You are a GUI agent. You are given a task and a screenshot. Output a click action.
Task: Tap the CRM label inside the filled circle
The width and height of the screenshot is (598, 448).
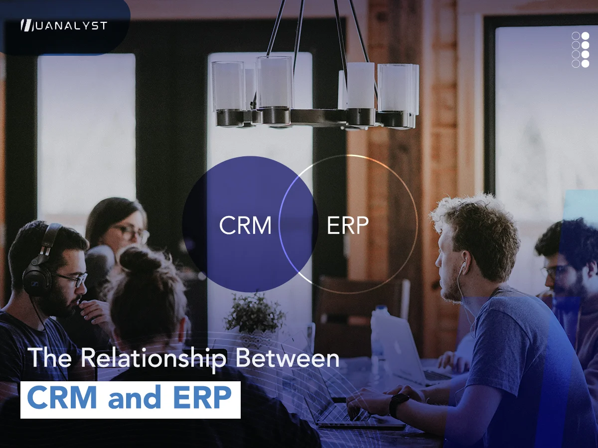pyautogui.click(x=245, y=225)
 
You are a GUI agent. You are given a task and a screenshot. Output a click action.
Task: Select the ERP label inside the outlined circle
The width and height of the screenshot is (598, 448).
pyautogui.click(x=347, y=225)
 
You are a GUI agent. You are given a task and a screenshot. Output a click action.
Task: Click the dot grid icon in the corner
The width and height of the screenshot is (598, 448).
pyautogui.click(x=580, y=49)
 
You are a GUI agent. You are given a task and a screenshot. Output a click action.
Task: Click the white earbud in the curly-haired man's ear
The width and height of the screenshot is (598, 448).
pyautogui.click(x=462, y=268)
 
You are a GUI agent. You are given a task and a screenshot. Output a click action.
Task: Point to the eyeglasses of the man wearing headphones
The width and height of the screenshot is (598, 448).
pyautogui.click(x=71, y=279)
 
